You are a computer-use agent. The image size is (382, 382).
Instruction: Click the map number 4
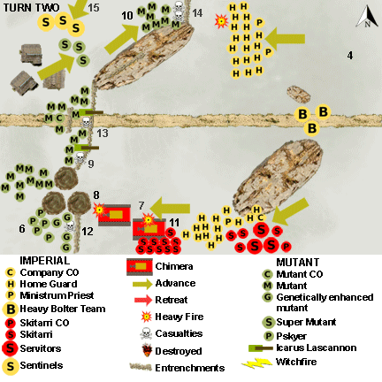[x=350, y=56]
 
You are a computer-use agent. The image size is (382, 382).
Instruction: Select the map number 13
[x=103, y=133]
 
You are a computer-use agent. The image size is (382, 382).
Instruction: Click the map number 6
[x=20, y=228]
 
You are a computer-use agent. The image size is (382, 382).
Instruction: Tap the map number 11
[x=174, y=221]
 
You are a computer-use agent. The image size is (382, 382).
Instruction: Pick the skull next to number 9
[x=79, y=161]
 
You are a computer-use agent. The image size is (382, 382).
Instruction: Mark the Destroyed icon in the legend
[x=137, y=349]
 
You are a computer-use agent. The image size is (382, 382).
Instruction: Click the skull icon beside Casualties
[x=137, y=333]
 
